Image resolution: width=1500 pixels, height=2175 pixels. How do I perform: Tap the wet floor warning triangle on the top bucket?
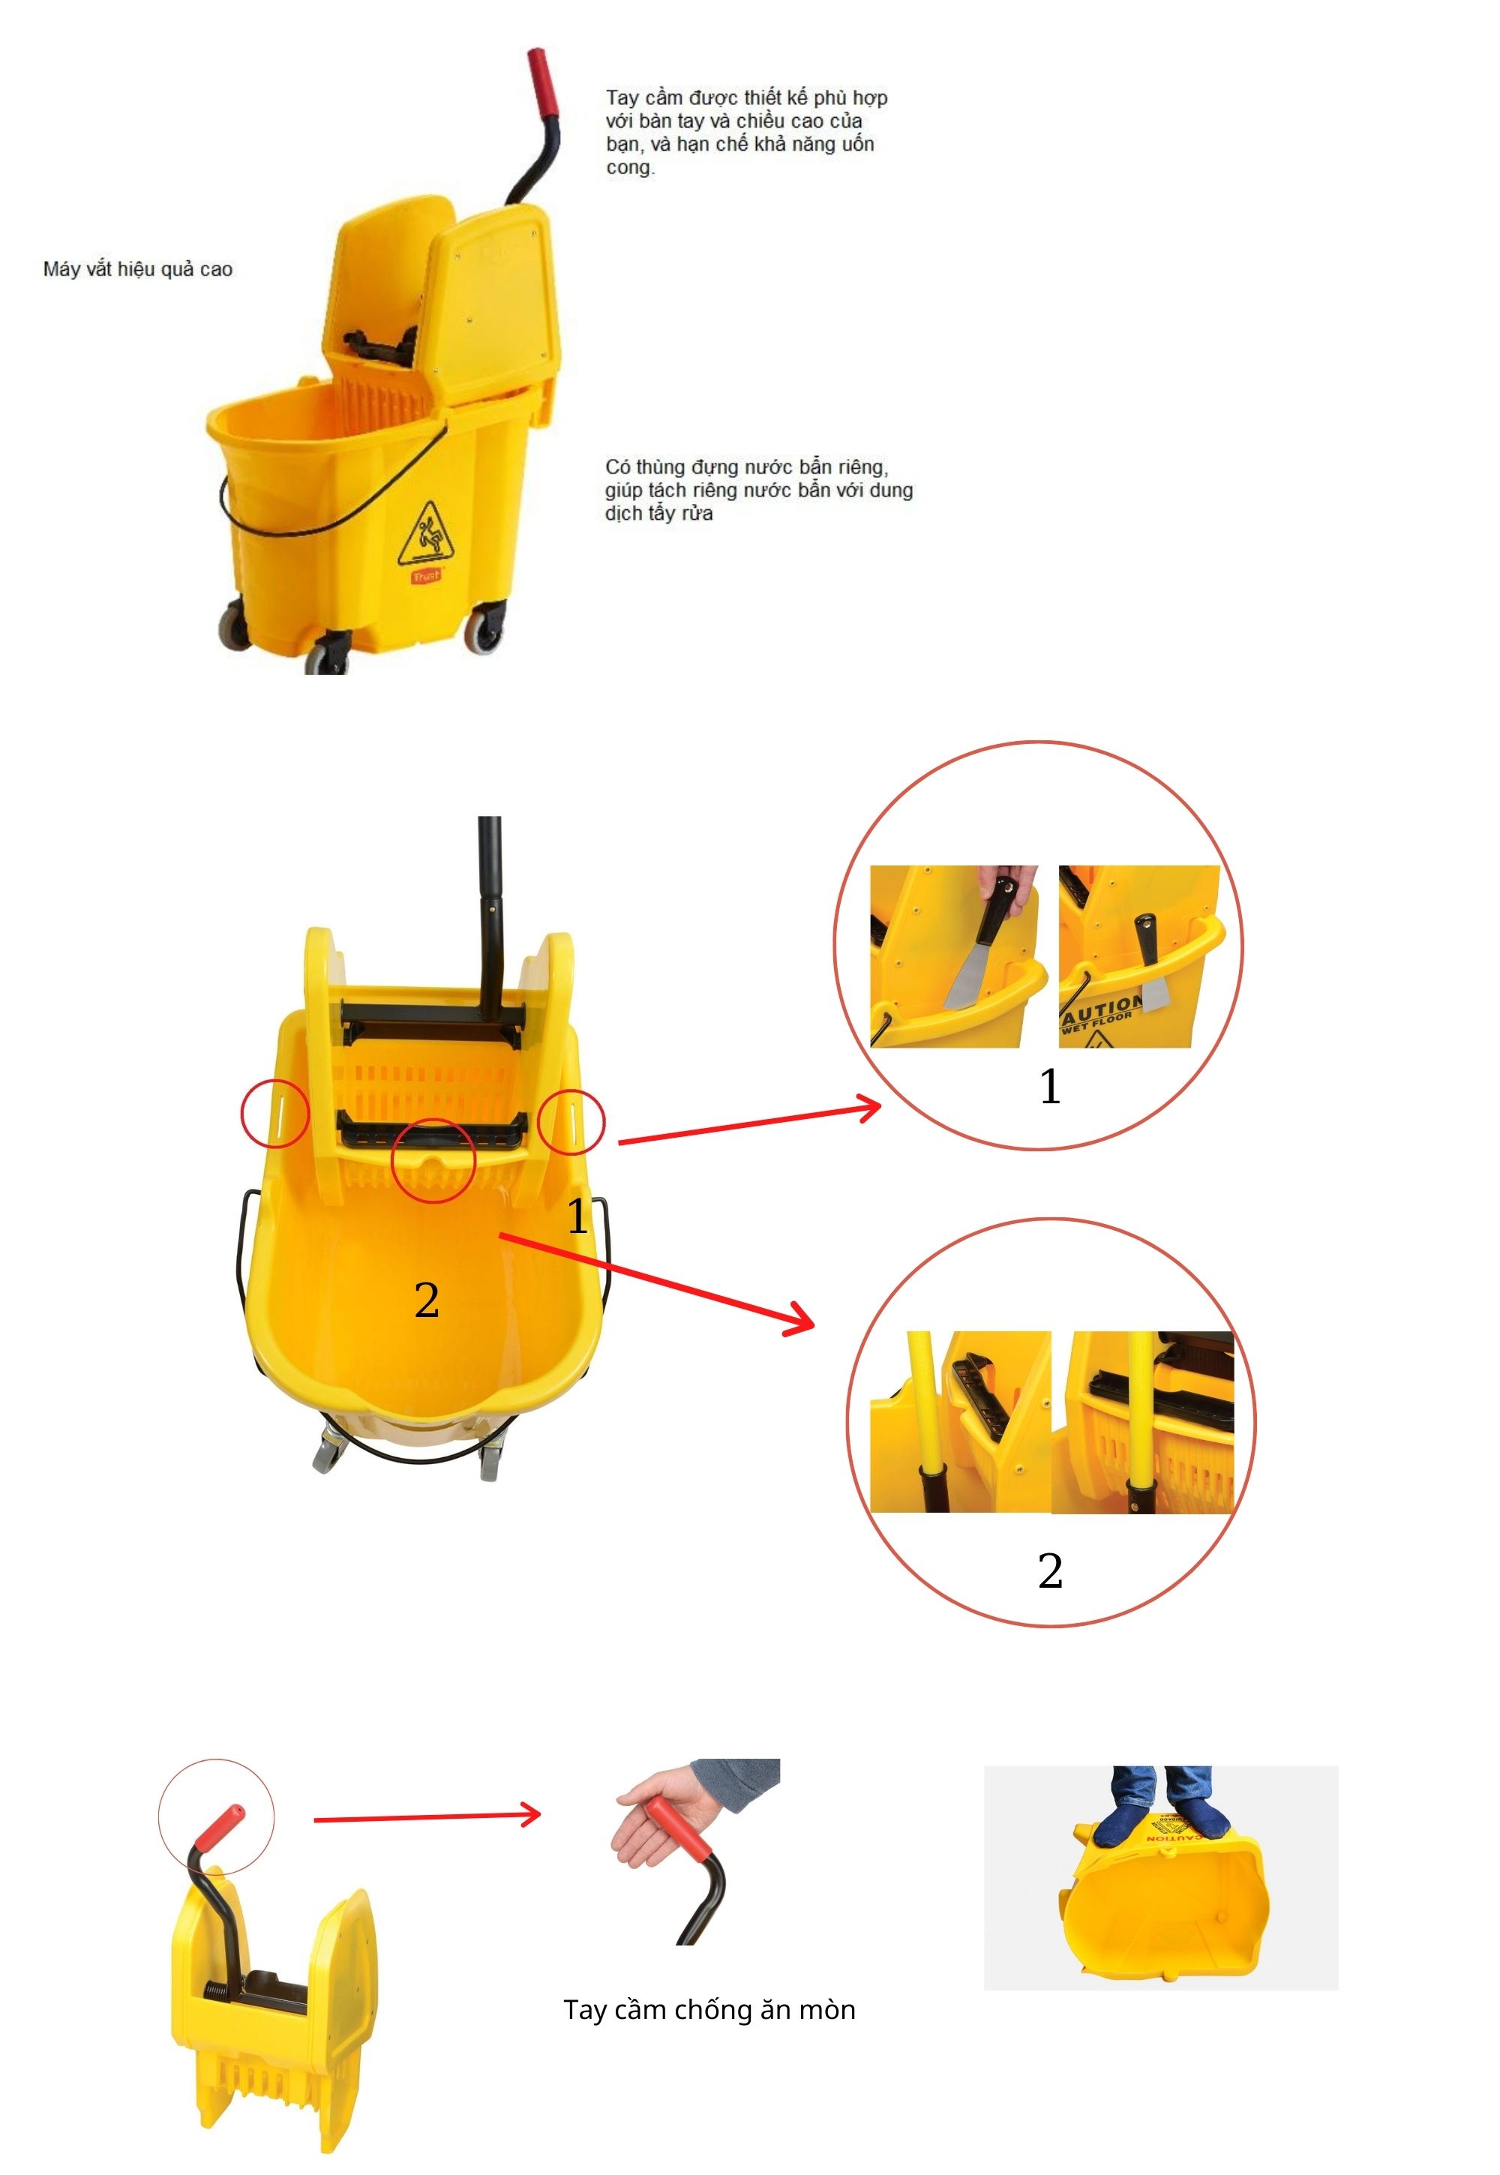pyautogui.click(x=430, y=533)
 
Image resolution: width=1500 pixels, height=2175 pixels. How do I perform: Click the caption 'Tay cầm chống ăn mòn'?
pyautogui.click(x=709, y=2009)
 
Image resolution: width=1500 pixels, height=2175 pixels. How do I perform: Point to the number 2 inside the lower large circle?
pyautogui.click(x=1050, y=1570)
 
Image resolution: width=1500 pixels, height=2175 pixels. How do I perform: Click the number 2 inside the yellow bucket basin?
pyautogui.click(x=427, y=1300)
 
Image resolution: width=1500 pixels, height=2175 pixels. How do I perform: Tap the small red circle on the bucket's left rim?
pyautogui.click(x=274, y=1114)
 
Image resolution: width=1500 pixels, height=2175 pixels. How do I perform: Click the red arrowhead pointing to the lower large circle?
pyautogui.click(x=799, y=1320)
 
